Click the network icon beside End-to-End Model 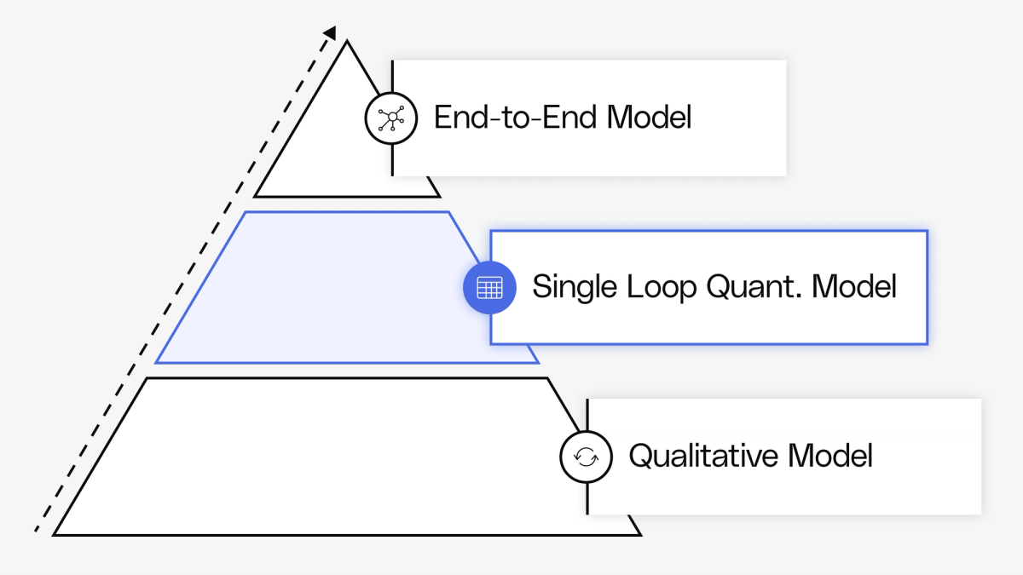pos(391,118)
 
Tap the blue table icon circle pos(489,288)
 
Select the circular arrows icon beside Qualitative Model pos(586,457)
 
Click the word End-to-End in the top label pos(516,118)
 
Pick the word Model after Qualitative pos(830,456)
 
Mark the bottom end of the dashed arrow pos(37,531)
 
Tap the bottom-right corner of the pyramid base pos(639,534)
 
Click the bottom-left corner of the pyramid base pos(55,534)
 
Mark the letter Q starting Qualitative pos(639,456)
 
